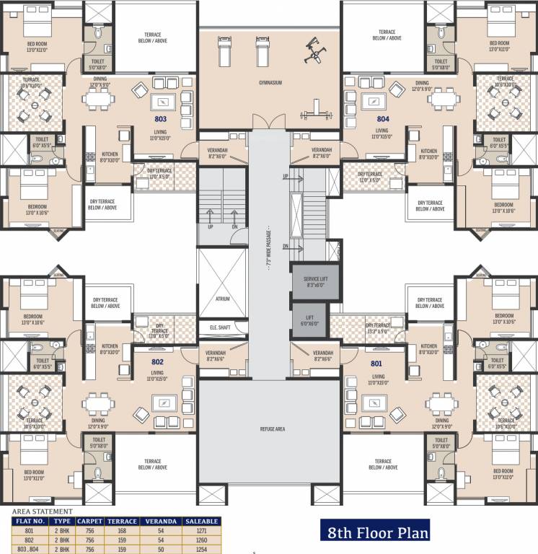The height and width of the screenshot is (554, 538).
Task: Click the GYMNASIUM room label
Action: click(270, 83)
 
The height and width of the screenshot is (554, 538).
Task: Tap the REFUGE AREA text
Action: click(272, 428)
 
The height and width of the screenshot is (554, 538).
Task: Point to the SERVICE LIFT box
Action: click(311, 282)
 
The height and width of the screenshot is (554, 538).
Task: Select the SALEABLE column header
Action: click(202, 520)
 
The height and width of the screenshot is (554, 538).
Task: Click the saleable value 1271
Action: click(202, 529)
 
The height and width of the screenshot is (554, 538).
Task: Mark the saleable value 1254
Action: click(202, 548)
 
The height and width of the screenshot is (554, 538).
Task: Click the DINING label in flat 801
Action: click(442, 420)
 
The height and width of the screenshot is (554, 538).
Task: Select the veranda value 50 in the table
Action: click(161, 548)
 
